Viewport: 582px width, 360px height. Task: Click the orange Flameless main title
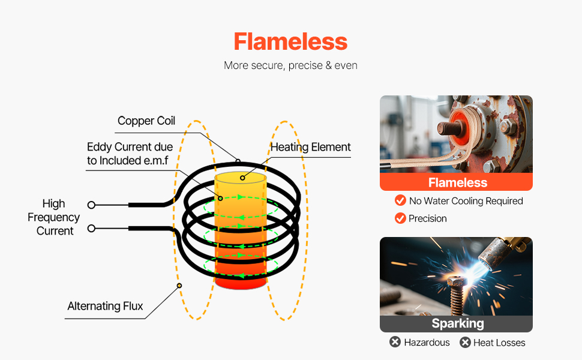290,42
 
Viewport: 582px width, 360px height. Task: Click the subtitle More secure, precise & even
290,65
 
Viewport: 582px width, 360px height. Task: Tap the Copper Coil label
146,121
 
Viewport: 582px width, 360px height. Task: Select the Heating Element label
310,147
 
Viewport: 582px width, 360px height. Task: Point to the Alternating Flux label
105,307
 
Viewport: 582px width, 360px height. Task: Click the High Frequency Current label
54,217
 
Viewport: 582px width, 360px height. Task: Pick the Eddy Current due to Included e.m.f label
130,154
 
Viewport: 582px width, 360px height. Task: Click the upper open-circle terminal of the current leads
91,205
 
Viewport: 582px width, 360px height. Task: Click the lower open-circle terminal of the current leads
91,229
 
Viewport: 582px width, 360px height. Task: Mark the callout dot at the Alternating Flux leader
178,286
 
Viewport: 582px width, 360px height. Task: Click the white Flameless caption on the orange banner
457,182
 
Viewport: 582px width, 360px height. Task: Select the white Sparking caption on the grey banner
457,324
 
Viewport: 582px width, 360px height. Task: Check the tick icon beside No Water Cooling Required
400,200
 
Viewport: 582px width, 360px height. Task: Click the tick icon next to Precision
400,218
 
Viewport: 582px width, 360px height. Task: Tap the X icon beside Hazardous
395,342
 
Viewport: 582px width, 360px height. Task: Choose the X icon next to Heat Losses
465,343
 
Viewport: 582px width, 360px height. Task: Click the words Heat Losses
499,343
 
